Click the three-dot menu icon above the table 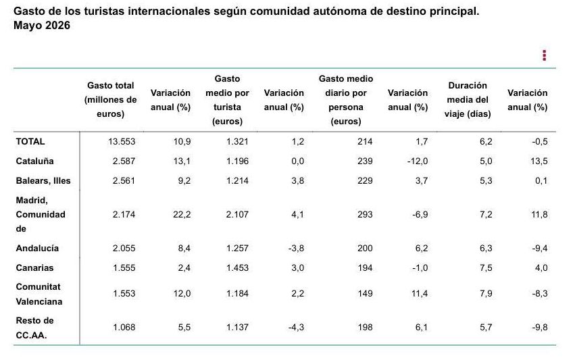544,55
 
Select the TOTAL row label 30,142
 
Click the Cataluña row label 34,161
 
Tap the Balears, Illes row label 43,181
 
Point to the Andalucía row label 37,249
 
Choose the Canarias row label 34,268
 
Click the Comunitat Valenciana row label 39,294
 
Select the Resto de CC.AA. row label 34,328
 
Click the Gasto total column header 110,100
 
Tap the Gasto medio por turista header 227,100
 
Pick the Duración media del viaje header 468,100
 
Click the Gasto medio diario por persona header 346,100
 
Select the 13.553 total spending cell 122,142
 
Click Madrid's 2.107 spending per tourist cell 237,214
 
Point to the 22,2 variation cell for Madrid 182,214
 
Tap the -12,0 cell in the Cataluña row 418,161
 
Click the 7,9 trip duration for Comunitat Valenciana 486,294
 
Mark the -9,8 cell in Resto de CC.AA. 540,327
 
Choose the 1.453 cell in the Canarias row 237,268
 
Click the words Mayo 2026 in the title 42,26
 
